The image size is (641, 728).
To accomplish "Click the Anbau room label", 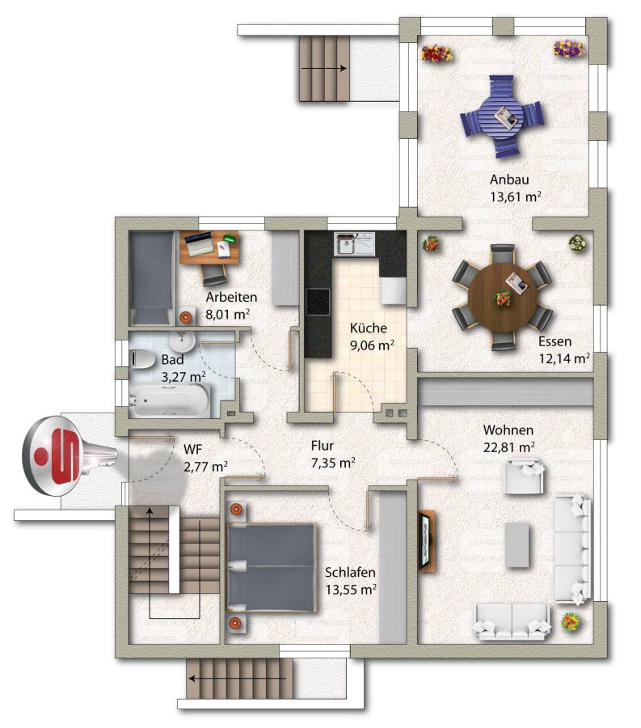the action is tap(509, 180).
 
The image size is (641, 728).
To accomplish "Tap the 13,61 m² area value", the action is tap(515, 197).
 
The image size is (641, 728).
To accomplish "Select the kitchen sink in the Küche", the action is tap(354, 243).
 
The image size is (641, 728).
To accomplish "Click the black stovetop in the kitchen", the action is tap(318, 302).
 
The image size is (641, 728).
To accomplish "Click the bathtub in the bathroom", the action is tap(169, 400).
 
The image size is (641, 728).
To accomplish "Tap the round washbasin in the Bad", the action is tap(182, 341).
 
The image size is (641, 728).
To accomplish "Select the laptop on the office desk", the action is tap(200, 243).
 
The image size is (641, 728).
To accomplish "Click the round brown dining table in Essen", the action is tap(502, 297).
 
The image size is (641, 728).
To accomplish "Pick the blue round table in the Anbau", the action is tap(502, 116).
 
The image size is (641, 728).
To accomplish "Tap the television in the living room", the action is tap(426, 540).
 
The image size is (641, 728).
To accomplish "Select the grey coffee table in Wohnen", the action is tap(517, 545).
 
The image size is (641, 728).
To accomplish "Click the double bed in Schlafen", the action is tap(272, 566).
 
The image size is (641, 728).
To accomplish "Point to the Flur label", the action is tap(323, 446).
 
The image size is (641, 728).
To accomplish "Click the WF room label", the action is tap(192, 450).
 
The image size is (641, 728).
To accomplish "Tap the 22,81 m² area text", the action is tap(508, 447).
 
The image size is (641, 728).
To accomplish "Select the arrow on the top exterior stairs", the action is tap(324, 68).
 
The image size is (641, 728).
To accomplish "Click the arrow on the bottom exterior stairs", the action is tap(237, 679).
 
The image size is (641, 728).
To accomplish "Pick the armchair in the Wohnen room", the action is tap(524, 476).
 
